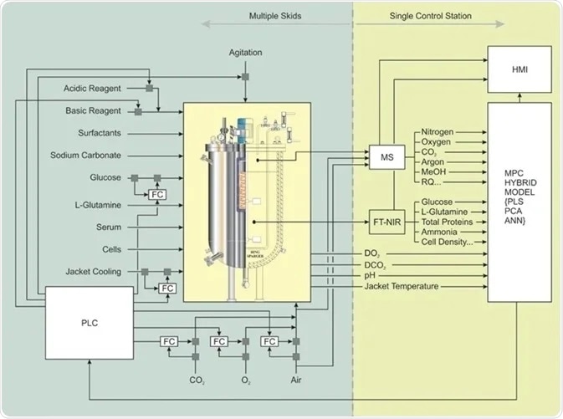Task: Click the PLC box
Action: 89,323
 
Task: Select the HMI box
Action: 519,70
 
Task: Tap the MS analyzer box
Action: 386,156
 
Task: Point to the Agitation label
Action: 245,53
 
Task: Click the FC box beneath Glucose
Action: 156,194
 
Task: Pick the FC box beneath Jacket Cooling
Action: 168,289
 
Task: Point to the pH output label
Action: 371,275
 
